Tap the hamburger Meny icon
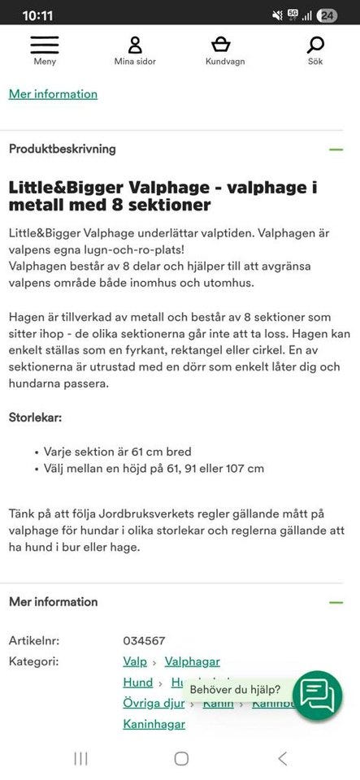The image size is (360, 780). (x=45, y=44)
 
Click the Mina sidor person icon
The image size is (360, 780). (x=135, y=44)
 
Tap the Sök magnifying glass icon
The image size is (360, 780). (x=315, y=44)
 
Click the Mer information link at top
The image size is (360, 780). (x=53, y=94)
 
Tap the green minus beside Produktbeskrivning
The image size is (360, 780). (x=335, y=149)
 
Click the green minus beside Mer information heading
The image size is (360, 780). (x=335, y=602)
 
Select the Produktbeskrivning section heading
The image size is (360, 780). (x=63, y=149)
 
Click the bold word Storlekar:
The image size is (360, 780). (x=35, y=417)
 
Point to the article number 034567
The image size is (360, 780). (x=144, y=641)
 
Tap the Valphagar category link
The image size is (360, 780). (x=192, y=662)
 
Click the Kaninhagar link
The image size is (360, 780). (x=154, y=724)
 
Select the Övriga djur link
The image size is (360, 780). (x=152, y=703)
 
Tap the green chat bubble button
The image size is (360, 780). (x=317, y=695)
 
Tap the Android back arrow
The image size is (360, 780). (x=282, y=758)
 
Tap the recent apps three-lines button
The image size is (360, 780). (x=80, y=758)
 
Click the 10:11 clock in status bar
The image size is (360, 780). (x=38, y=15)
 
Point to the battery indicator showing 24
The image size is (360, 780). (x=327, y=15)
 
